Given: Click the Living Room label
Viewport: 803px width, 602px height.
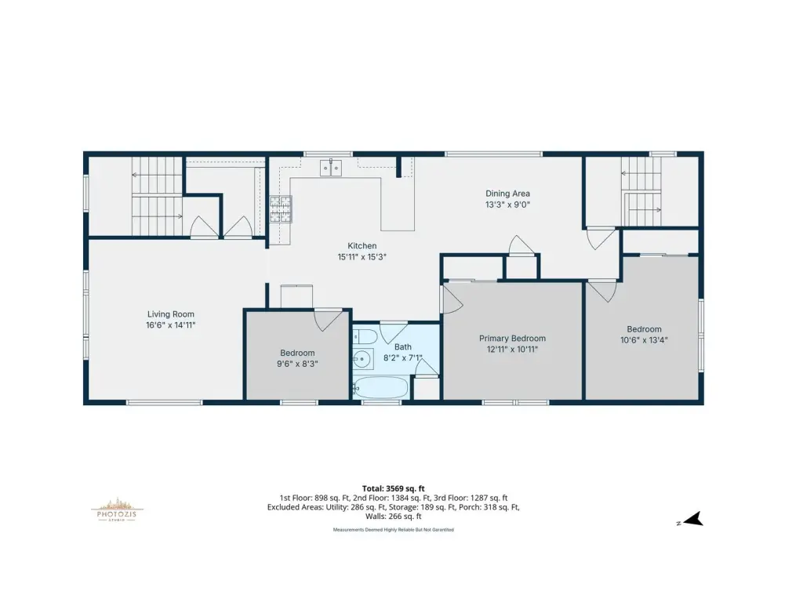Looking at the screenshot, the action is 170,314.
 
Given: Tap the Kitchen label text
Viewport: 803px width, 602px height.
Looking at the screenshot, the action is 362,245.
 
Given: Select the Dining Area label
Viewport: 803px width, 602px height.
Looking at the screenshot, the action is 507,194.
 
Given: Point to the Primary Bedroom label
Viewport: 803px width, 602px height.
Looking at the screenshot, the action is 512,339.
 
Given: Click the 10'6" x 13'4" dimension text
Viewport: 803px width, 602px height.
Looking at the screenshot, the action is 644,340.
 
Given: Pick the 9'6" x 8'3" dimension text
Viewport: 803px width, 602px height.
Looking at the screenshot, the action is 297,364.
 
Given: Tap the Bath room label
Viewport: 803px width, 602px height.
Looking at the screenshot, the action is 402,347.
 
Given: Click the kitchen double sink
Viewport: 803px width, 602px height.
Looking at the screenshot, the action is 331,168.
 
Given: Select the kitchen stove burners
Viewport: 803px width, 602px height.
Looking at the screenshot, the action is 281,209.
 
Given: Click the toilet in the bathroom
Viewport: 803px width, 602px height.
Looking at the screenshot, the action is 365,337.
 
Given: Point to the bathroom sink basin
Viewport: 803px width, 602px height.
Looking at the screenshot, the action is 363,360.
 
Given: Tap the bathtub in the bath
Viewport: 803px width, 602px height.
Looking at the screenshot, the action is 380,388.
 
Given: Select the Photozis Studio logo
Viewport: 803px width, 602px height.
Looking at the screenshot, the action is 117,509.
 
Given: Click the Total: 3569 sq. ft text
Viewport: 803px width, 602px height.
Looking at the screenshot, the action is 394,488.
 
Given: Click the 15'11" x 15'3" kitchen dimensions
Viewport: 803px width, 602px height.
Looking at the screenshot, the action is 362,257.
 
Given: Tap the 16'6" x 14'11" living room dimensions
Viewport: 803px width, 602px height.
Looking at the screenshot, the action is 170,325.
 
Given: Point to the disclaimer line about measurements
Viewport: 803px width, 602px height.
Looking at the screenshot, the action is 394,530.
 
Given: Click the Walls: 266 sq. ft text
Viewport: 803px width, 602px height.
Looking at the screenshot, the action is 394,517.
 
